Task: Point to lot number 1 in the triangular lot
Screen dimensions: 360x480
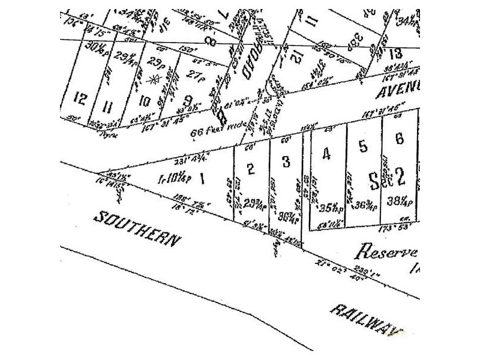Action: tap(202, 178)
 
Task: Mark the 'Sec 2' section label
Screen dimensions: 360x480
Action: tap(387, 176)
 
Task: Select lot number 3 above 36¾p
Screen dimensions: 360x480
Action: tap(286, 162)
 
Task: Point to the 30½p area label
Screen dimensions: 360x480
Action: tap(96, 46)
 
